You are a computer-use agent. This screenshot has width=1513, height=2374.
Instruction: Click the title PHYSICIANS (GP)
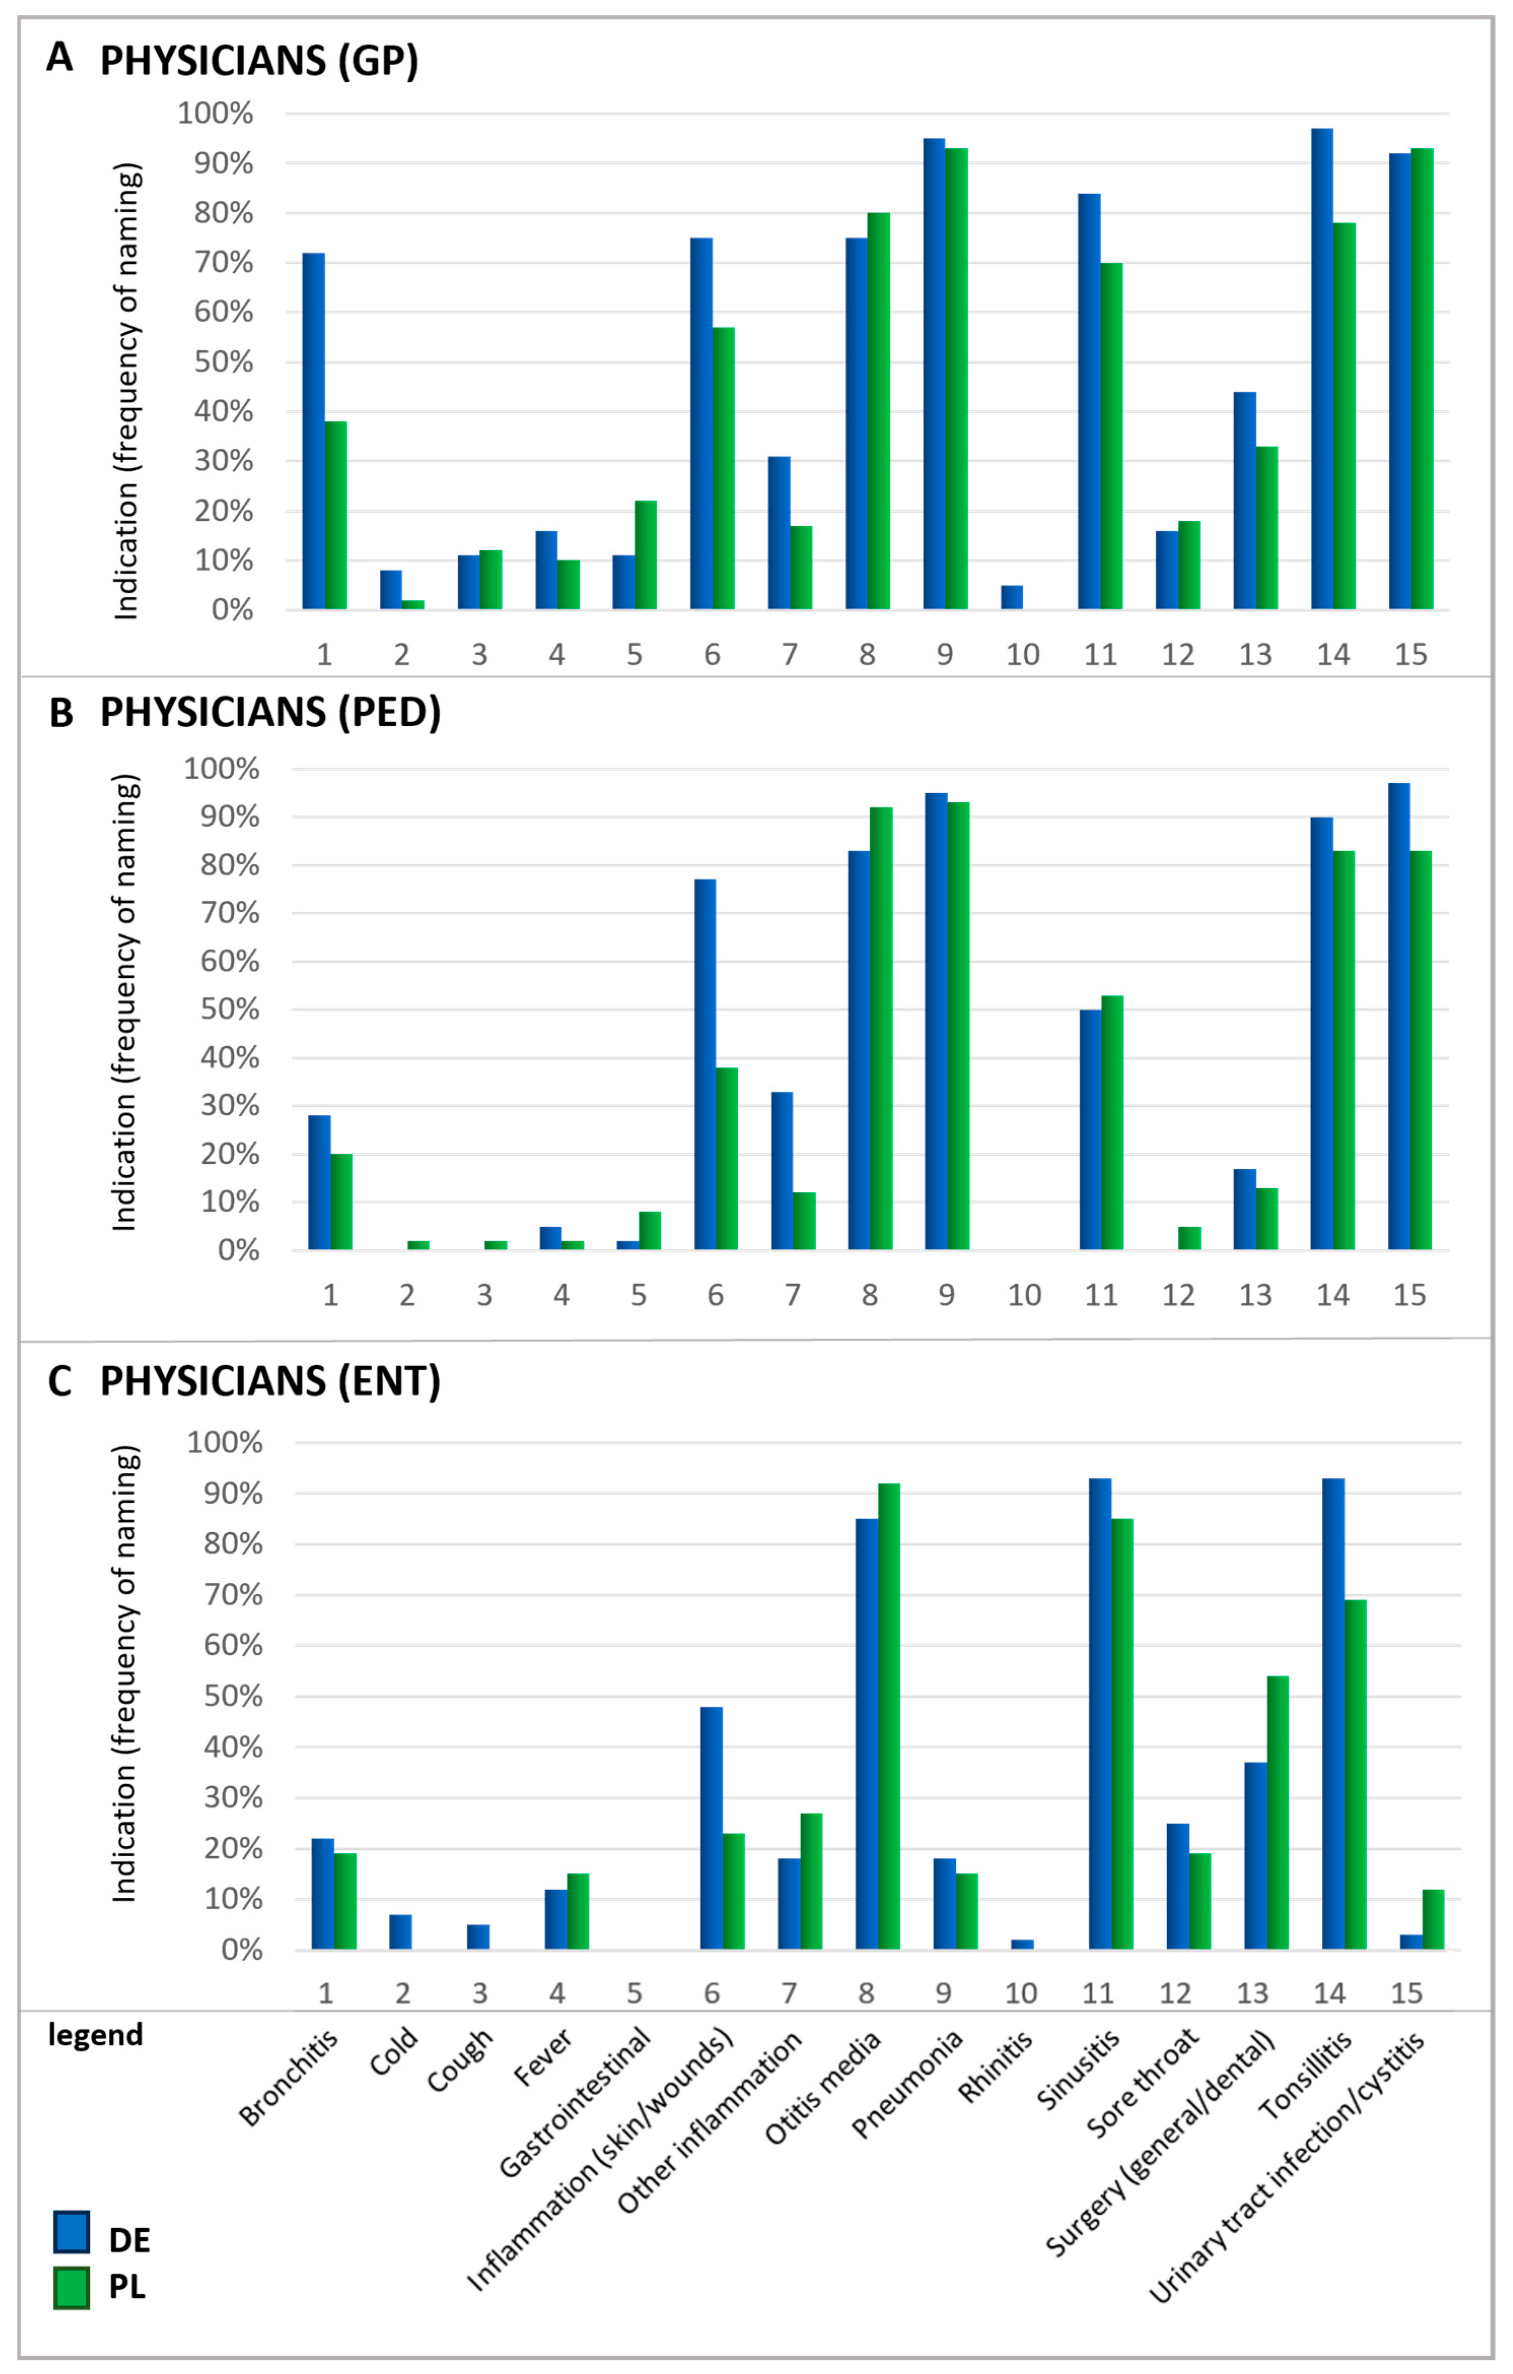pos(259,61)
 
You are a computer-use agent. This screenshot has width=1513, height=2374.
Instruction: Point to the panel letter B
pos(61,713)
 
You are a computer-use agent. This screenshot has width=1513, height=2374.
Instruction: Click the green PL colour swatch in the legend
pos(71,2287)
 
